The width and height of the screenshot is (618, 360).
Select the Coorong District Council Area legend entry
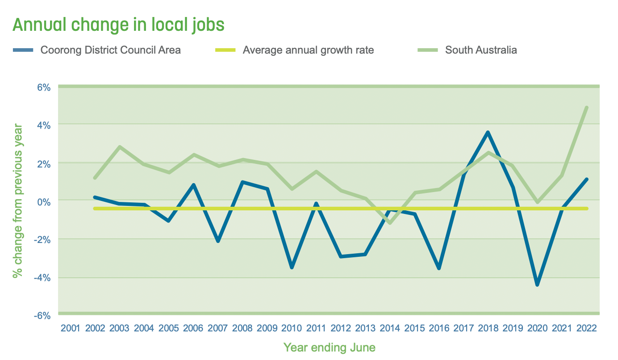pyautogui.click(x=110, y=50)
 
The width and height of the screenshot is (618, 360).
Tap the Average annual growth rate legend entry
pyautogui.click(x=308, y=50)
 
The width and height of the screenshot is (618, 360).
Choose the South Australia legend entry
pyautogui.click(x=481, y=50)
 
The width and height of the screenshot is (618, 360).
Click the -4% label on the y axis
pyautogui.click(x=42, y=278)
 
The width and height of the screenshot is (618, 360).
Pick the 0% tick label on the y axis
pyautogui.click(x=43, y=201)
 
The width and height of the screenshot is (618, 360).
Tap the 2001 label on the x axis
pyautogui.click(x=70, y=328)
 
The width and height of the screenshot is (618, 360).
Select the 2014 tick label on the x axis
pyautogui.click(x=390, y=328)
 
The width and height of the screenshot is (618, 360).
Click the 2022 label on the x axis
pyautogui.click(x=586, y=328)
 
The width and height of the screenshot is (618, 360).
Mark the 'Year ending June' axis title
pyautogui.click(x=329, y=347)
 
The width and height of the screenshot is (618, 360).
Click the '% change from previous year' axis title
pyautogui.click(x=17, y=201)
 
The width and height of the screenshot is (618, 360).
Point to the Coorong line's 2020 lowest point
pyautogui.click(x=537, y=285)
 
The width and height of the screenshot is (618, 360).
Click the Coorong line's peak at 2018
pyautogui.click(x=488, y=132)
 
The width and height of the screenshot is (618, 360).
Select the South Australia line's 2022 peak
pyautogui.click(x=586, y=108)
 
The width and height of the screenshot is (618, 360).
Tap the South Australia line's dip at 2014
pyautogui.click(x=390, y=222)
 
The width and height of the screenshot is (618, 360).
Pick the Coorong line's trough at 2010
pyautogui.click(x=292, y=268)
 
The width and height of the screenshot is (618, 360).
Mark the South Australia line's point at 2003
pyautogui.click(x=120, y=147)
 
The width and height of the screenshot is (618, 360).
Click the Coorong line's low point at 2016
pyautogui.click(x=439, y=268)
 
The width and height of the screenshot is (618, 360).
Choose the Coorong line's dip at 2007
pyautogui.click(x=218, y=241)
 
